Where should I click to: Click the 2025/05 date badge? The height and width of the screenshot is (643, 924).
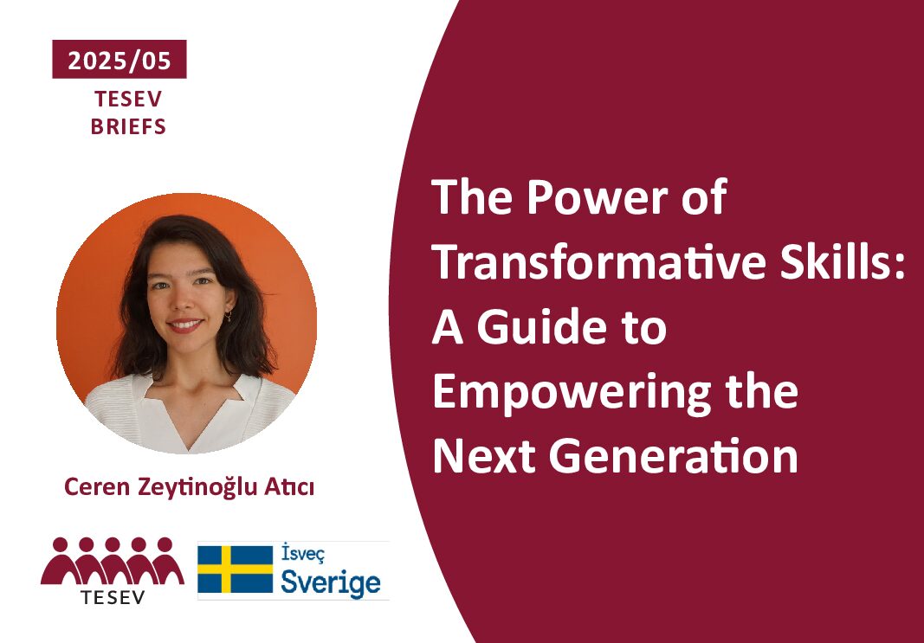click(119, 60)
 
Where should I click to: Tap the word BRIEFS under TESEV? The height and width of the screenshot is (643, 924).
click(128, 127)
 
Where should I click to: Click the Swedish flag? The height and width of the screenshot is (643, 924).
click(236, 569)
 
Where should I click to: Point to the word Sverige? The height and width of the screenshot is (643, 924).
click(331, 582)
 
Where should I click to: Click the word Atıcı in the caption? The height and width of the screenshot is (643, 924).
click(293, 487)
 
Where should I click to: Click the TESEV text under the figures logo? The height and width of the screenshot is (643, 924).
click(113, 597)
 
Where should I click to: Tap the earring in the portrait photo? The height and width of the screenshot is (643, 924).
click(228, 316)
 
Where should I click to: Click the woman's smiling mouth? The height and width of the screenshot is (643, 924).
click(185, 325)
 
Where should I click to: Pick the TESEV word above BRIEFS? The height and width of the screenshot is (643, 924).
click(128, 100)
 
